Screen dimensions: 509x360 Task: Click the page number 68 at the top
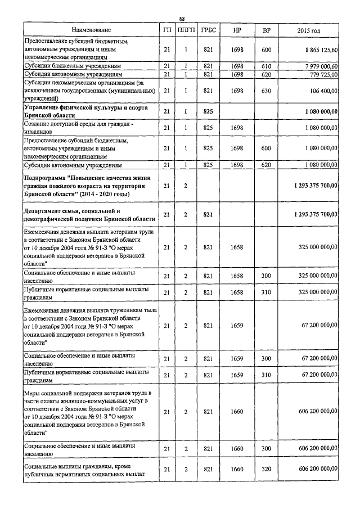(x=182, y=19)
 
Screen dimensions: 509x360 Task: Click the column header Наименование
(x=91, y=29)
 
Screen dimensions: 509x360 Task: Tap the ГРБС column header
(x=208, y=29)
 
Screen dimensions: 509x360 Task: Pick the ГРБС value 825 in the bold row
(x=208, y=111)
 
